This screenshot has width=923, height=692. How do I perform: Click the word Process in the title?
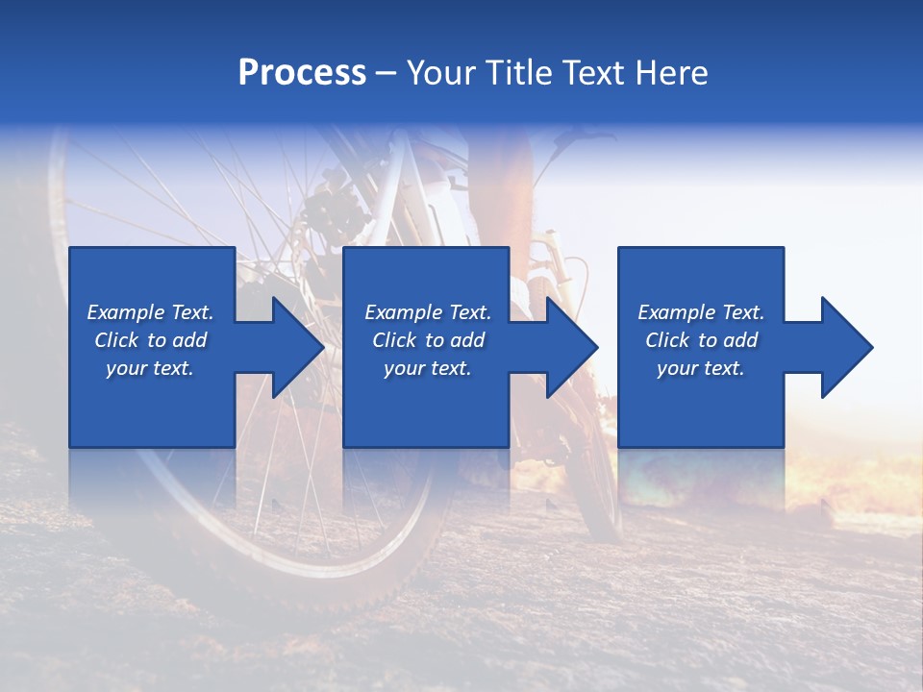click(302, 73)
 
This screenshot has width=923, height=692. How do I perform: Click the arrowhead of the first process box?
click(297, 347)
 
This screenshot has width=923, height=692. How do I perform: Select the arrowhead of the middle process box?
click(571, 347)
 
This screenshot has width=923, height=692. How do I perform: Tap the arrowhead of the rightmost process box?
click(846, 347)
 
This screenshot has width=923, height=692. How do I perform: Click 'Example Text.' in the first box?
click(150, 312)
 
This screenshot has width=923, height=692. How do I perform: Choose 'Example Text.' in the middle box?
click(428, 312)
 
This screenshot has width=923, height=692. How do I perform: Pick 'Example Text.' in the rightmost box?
click(701, 312)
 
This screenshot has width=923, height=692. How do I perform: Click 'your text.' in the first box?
click(150, 368)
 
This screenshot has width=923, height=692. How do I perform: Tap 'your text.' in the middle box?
click(428, 368)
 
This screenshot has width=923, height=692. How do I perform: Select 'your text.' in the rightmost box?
click(701, 368)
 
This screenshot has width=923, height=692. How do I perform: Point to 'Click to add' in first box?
click(150, 340)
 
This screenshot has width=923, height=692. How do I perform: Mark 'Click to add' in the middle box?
click(428, 340)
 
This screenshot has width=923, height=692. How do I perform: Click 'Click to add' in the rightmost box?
click(701, 340)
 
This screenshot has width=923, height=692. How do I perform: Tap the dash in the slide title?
click(387, 73)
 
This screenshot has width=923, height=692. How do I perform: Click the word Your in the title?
click(442, 73)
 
